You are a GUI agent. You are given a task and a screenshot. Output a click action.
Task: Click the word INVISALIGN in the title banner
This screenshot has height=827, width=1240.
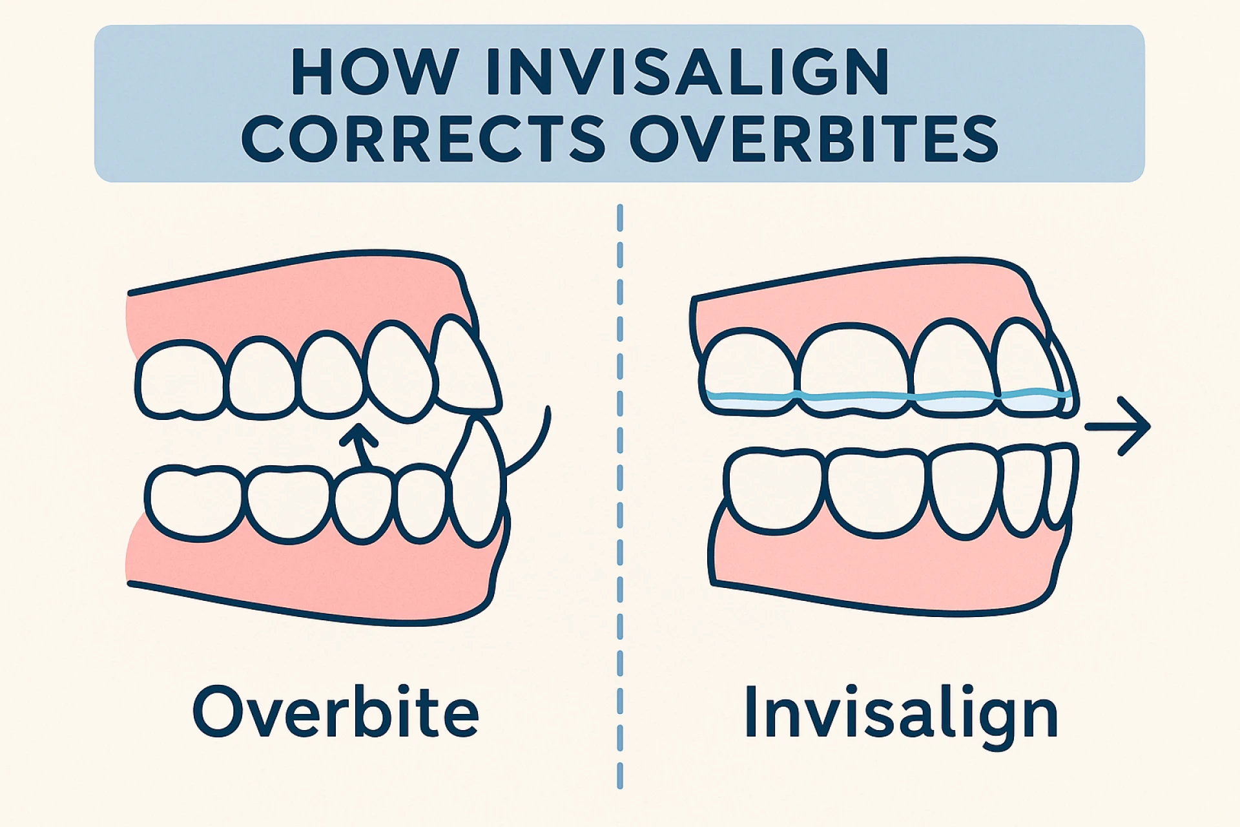[688, 72]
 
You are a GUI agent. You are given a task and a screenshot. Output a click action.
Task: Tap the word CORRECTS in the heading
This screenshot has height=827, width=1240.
[423, 138]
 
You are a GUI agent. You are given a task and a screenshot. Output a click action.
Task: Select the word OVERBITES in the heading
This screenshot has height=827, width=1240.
[814, 138]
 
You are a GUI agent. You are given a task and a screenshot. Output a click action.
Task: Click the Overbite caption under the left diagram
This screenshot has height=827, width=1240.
[336, 711]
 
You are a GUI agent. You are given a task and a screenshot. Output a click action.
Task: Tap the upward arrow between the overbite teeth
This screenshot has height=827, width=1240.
[360, 445]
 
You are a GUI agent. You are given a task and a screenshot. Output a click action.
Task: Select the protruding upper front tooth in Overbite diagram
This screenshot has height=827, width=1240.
[466, 368]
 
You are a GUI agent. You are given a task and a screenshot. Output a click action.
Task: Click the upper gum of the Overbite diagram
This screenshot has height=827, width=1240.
[291, 304]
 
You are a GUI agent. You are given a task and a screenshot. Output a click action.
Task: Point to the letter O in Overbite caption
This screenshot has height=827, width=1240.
[217, 712]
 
